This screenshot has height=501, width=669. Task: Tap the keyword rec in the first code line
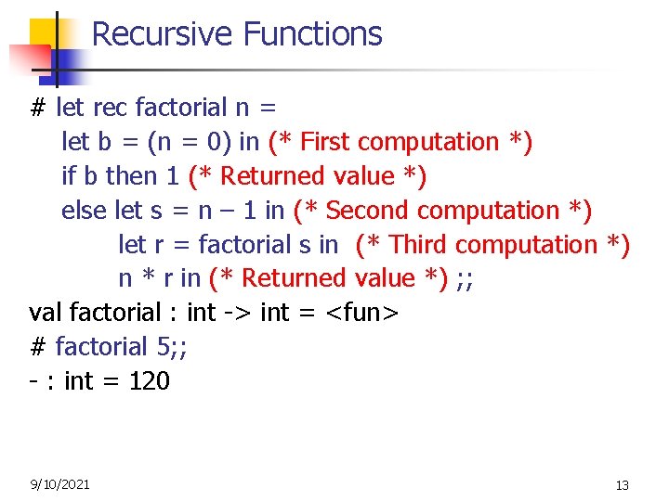(x=111, y=108)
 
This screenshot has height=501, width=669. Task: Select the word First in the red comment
(x=326, y=142)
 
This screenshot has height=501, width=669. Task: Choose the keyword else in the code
(x=84, y=211)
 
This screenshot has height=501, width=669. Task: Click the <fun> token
(x=361, y=313)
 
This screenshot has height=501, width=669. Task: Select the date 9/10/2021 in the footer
(x=59, y=483)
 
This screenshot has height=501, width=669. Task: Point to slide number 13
(x=622, y=485)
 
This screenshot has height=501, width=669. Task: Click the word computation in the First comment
(x=427, y=142)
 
